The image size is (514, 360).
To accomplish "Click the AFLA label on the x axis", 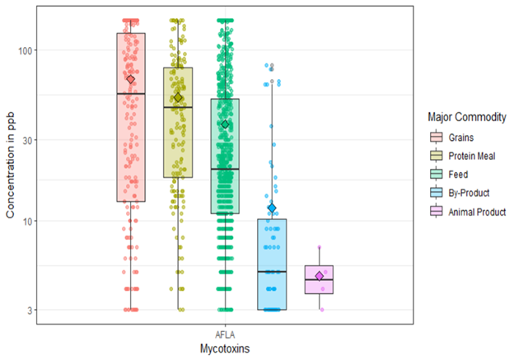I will pos(225,334).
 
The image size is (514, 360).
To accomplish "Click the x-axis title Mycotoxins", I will pos(225,349).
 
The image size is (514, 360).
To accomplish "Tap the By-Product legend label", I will pos(470,194).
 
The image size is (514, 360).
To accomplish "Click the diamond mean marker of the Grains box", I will pos(130,79).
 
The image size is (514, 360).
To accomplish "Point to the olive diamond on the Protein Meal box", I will pos(178,98).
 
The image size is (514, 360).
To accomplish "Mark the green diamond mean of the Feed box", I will pos(225,124).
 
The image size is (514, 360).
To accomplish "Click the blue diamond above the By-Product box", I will pos(272,208).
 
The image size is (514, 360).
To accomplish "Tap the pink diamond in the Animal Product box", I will pos(320,275).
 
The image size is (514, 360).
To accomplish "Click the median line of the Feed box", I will pos(225,169).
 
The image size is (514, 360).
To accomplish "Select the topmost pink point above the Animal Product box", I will pos(320,246).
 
